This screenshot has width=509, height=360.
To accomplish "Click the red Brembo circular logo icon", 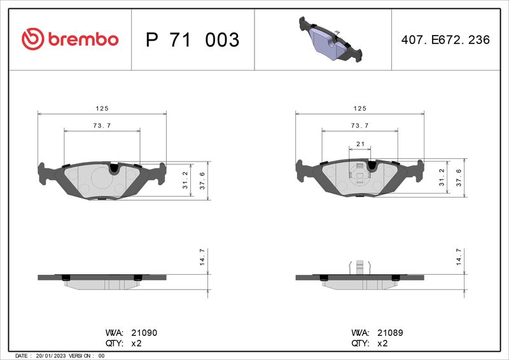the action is (33, 39).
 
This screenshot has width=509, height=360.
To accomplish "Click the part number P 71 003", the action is (193, 39).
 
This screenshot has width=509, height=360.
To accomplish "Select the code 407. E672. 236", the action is (445, 39).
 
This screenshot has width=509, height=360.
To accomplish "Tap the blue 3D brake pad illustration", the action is (330, 39).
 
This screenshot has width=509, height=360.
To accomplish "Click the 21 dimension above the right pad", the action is (360, 144).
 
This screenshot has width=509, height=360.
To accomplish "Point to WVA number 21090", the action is (144, 333).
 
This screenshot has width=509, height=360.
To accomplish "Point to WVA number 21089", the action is (390, 333).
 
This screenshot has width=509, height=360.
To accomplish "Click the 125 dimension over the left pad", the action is (102, 108).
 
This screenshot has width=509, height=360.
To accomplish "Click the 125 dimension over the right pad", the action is (359, 108).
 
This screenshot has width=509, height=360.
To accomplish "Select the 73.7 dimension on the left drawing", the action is (102, 126).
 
